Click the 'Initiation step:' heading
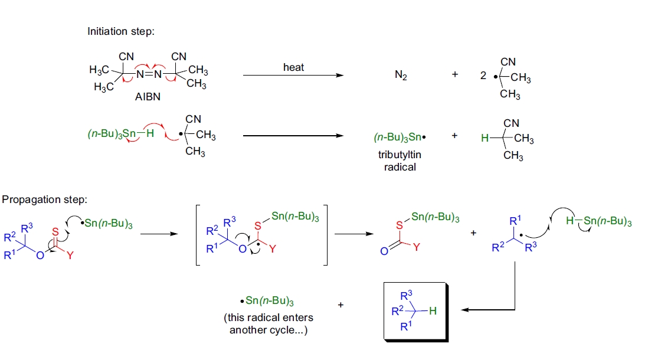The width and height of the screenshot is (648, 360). (120, 31)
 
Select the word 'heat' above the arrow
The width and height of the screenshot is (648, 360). (293, 67)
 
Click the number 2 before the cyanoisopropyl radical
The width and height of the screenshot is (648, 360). (483, 76)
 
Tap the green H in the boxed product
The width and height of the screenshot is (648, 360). (433, 312)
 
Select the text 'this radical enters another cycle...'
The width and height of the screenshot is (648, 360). (269, 323)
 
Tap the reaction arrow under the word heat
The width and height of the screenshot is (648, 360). (293, 76)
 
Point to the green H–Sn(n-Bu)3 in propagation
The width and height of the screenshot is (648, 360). (598, 222)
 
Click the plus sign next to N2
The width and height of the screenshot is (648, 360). (454, 76)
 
